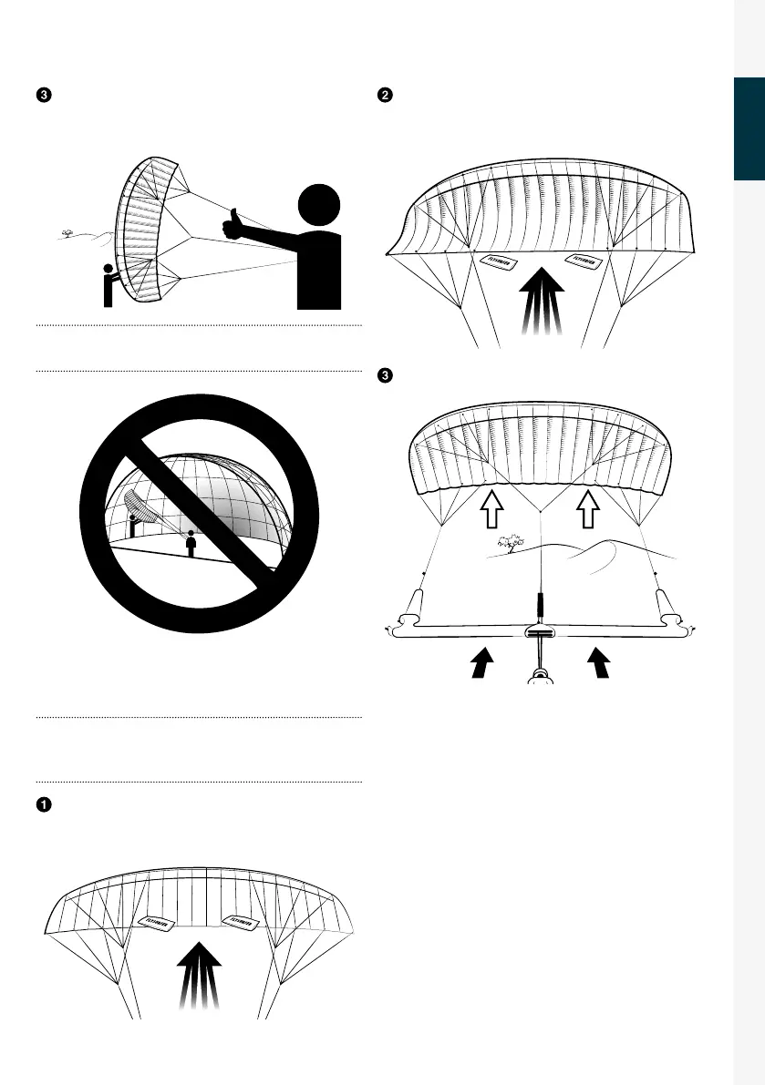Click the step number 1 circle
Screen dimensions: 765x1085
pyautogui.click(x=43, y=805)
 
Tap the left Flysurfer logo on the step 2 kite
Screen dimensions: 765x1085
pyautogui.click(x=499, y=262)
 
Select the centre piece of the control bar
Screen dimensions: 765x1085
pyautogui.click(x=540, y=634)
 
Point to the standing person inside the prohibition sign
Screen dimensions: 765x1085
pyautogui.click(x=190, y=543)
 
